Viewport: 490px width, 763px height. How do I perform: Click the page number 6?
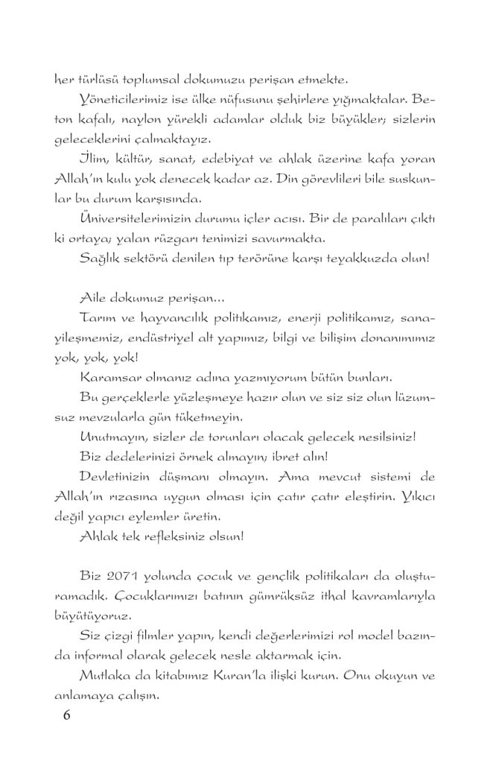(x=66, y=715)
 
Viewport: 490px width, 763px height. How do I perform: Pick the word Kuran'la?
(x=235, y=676)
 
